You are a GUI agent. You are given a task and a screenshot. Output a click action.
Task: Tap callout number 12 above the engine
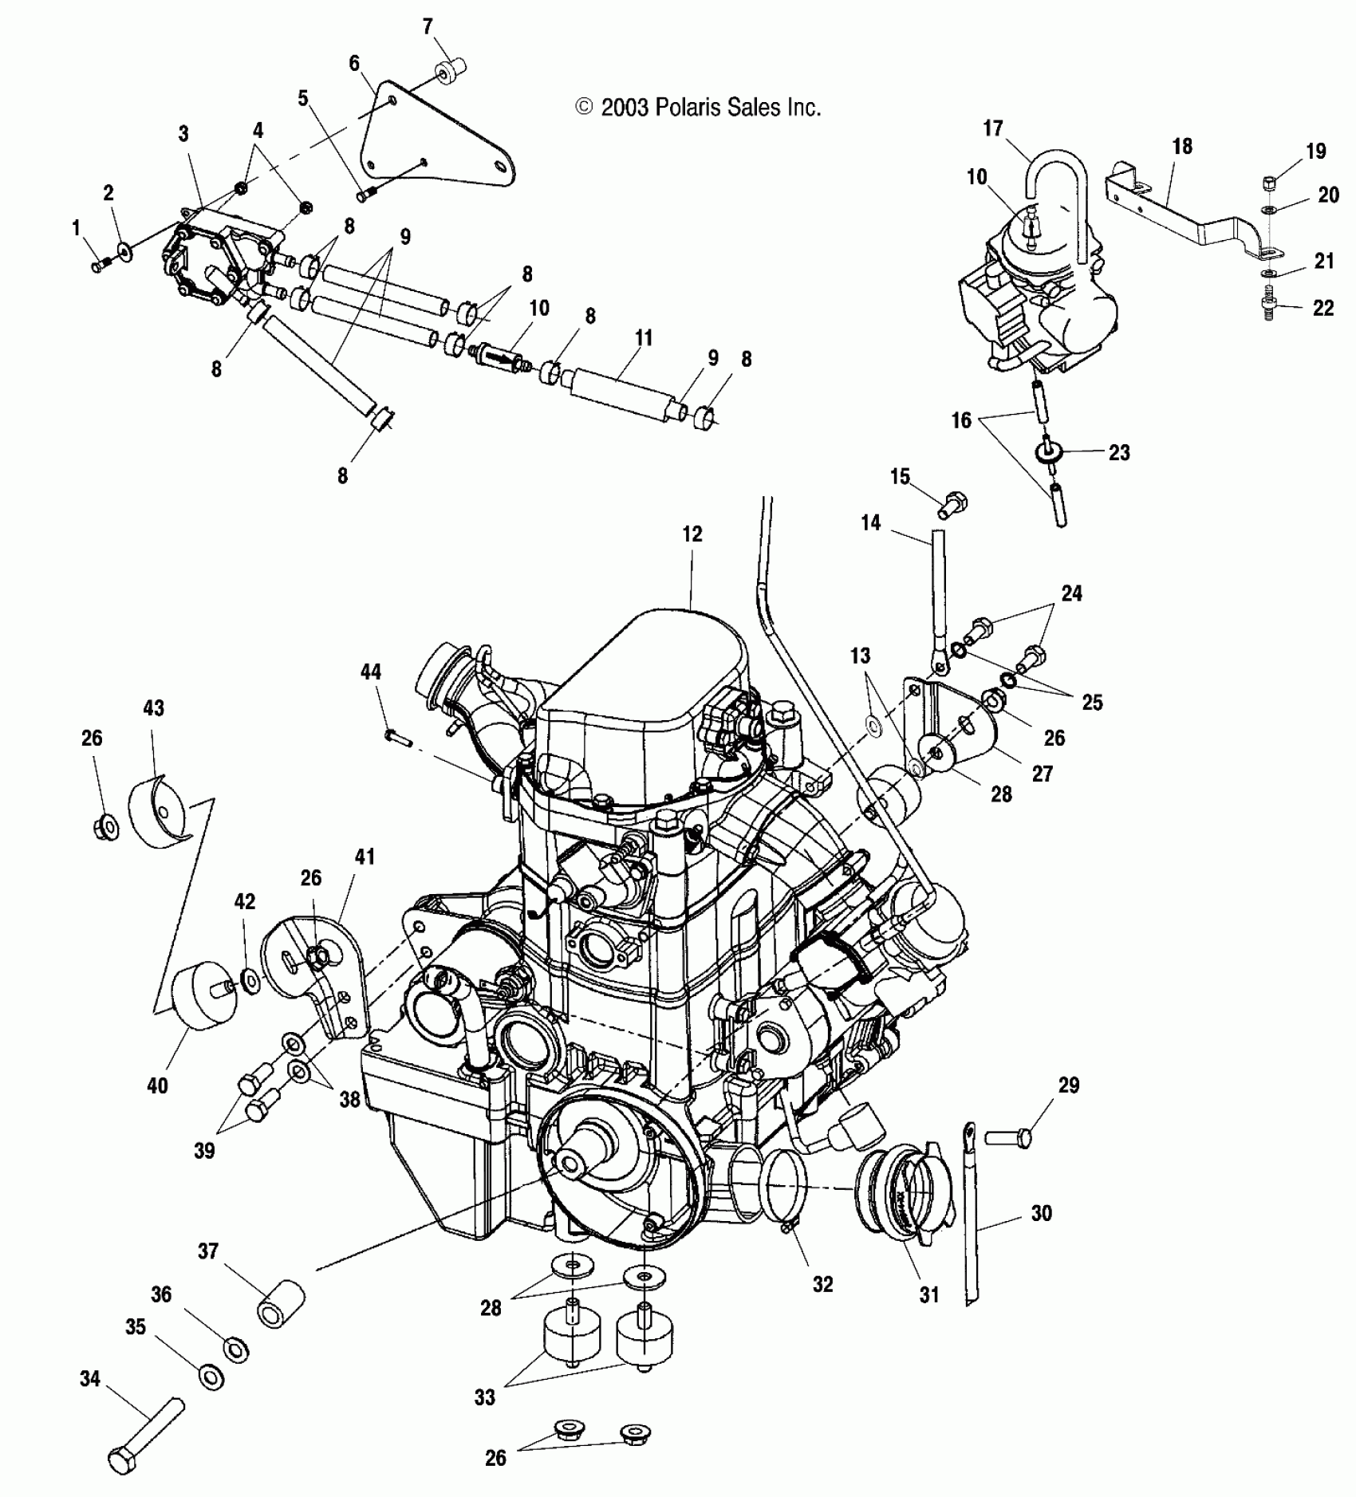pos(692,534)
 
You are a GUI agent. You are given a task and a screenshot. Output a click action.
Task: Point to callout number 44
pos(370,672)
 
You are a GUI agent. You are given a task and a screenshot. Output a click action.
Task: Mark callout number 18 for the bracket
pos(1182,146)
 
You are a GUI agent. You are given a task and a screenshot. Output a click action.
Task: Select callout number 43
pos(153,707)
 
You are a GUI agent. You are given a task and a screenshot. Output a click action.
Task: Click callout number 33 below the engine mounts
pos(484,1397)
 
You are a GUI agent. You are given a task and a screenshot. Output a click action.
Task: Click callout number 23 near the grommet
pos(1119,452)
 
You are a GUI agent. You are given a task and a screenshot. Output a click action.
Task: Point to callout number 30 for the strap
pos(1041,1213)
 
